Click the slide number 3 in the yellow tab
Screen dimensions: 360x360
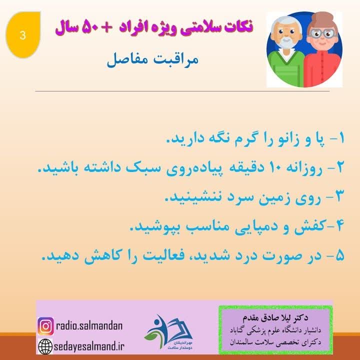click(x=22, y=34)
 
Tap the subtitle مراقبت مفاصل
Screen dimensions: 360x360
click(x=152, y=61)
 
